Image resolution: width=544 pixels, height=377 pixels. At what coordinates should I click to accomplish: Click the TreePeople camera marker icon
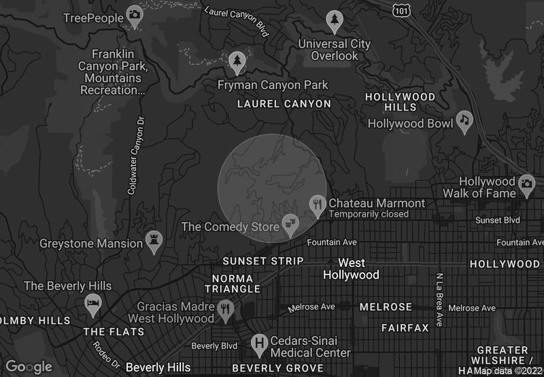click(135, 15)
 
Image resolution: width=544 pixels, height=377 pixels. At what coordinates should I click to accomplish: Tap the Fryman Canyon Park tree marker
click(237, 62)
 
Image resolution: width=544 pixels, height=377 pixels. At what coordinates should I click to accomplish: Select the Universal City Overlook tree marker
click(334, 20)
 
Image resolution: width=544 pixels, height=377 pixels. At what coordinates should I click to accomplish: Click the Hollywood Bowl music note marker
click(464, 120)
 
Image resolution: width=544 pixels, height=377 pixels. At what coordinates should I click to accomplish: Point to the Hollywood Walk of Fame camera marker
click(526, 183)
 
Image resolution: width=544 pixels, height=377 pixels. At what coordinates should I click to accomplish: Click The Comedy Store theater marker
click(290, 223)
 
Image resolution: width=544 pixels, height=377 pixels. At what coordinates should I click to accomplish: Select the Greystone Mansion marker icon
click(154, 240)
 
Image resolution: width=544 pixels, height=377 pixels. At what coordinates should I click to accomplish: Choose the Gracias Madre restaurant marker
click(226, 309)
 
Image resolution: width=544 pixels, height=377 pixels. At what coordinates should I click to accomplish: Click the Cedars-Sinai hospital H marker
click(258, 343)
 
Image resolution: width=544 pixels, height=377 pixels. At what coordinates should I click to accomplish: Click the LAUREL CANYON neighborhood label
click(284, 104)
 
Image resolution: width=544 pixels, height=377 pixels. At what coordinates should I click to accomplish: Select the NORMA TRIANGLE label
click(233, 283)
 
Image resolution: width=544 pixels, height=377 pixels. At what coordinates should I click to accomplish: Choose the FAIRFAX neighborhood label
click(405, 327)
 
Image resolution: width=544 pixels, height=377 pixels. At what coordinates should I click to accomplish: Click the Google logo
click(29, 367)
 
